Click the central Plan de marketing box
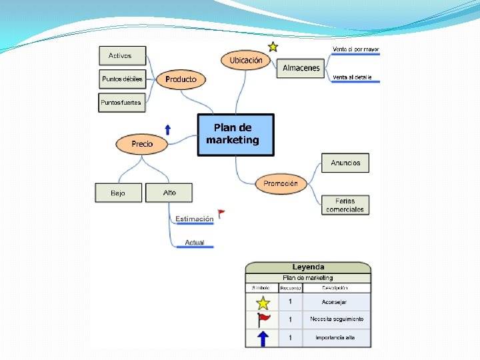[235, 134]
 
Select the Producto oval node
[181, 79]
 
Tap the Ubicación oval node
[246, 61]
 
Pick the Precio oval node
[142, 143]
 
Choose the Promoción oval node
[281, 183]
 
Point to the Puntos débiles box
[123, 79]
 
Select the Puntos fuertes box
[121, 102]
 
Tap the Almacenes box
[301, 68]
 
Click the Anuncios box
[345, 163]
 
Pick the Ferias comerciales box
[345, 205]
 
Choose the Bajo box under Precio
[118, 193]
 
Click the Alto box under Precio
[169, 193]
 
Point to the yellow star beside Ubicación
[273, 47]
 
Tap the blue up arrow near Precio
[167, 129]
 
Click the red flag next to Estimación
[221, 213]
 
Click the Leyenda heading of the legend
[308, 267]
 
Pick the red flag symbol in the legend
[263, 320]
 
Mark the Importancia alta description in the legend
[335, 338]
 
